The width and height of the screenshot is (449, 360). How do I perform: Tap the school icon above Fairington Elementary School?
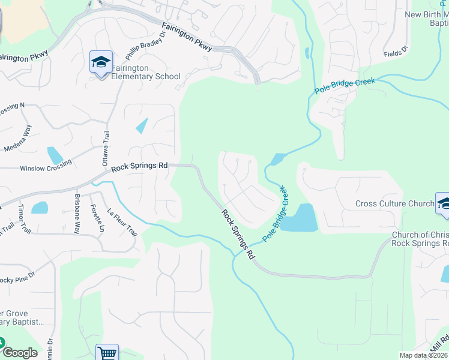pyautogui.click(x=101, y=61)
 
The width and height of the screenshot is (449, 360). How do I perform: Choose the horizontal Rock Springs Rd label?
pyautogui.click(x=139, y=166)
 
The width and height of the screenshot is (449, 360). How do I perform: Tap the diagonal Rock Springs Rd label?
pyautogui.click(x=238, y=234)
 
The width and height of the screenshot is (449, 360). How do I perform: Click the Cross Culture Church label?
pyautogui.click(x=394, y=203)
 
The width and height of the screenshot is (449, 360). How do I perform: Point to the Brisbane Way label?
pyautogui.click(x=77, y=213)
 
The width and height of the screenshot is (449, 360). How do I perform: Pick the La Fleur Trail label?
pyautogui.click(x=122, y=222)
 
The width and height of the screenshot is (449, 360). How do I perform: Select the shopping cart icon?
pyautogui.click(x=107, y=353)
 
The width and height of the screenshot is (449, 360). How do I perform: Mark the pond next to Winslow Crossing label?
pyautogui.click(x=54, y=155)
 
